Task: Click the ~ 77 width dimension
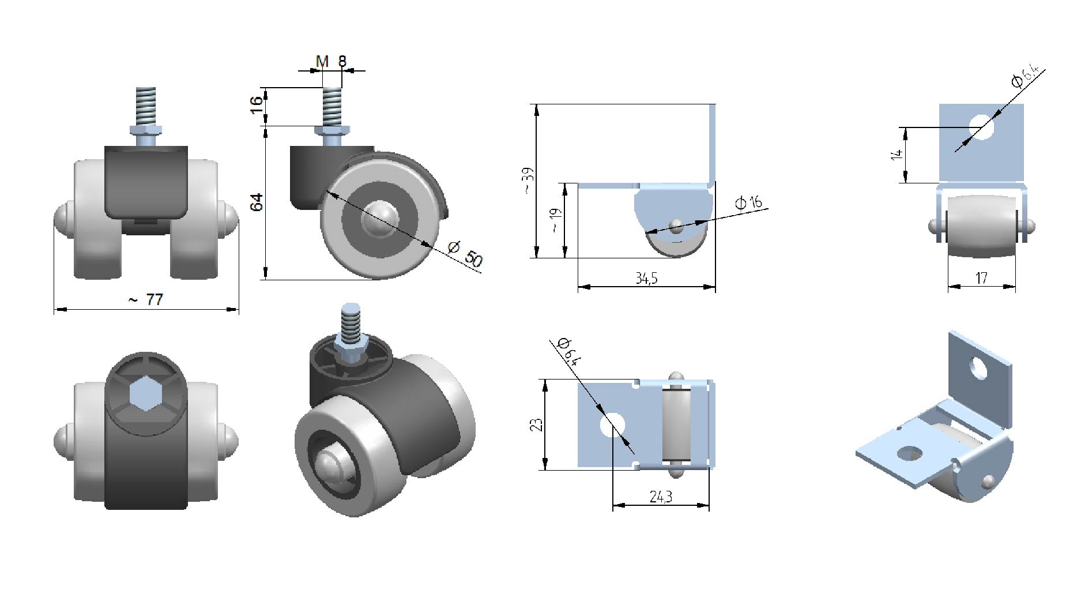(145, 300)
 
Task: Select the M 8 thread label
(331, 61)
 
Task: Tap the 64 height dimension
(257, 202)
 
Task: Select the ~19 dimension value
(556, 220)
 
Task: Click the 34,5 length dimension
(646, 279)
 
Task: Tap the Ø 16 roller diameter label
(749, 202)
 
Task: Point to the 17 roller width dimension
(981, 279)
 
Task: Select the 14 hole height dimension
(895, 155)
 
